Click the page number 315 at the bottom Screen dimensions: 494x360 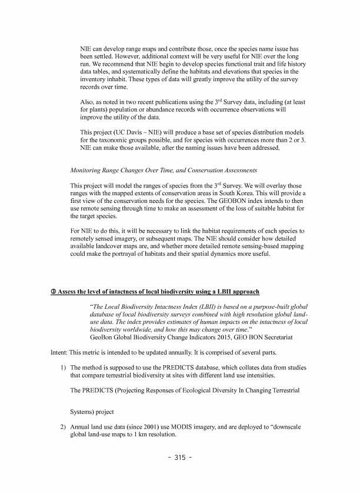179,458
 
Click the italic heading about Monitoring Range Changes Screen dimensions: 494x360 163,170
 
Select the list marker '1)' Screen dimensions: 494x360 64,367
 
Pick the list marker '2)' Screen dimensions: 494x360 64,426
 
